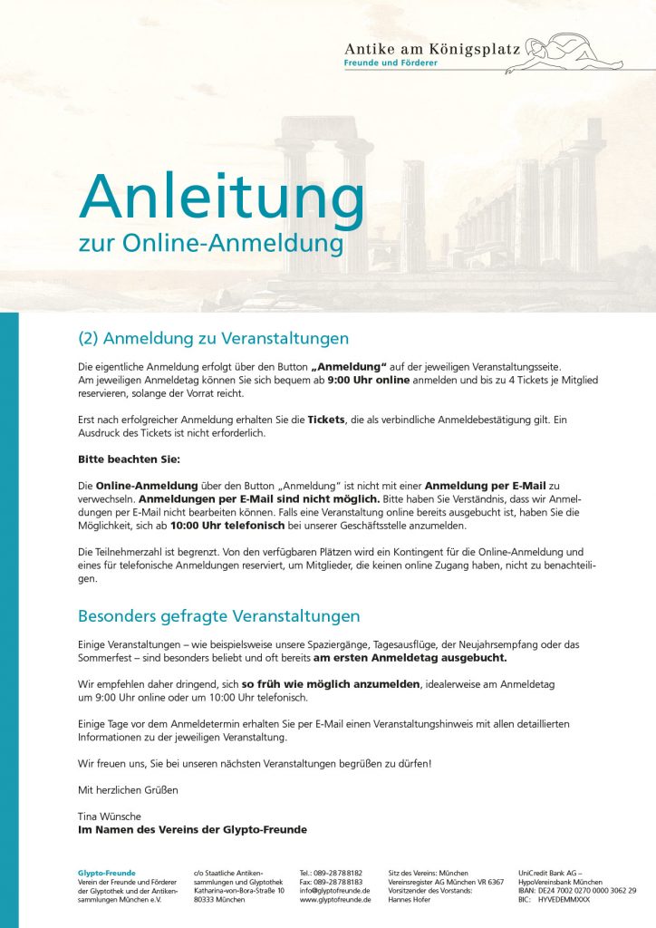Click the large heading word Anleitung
click(x=221, y=196)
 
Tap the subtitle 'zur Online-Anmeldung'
click(x=211, y=244)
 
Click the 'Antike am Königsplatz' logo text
click(x=432, y=48)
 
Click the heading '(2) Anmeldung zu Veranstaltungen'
click(x=213, y=339)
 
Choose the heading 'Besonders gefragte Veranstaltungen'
click(x=218, y=616)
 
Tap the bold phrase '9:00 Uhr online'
click(x=368, y=381)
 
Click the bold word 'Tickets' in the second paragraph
click(x=333, y=420)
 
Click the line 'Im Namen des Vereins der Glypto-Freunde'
click(x=192, y=829)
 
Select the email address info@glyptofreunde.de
click(x=335, y=891)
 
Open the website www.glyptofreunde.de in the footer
click(x=335, y=900)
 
